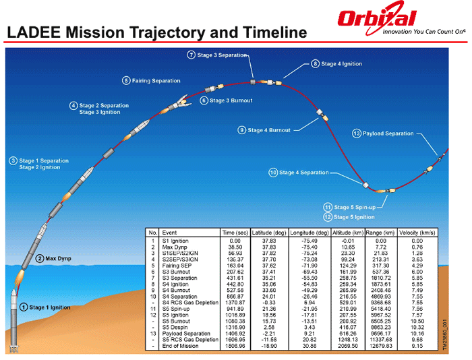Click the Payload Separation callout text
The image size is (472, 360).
388,133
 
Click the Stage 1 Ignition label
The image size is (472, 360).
49,307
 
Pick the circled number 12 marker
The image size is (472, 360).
327,217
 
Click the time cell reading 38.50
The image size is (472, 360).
235,247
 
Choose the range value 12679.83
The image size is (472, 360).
381,346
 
